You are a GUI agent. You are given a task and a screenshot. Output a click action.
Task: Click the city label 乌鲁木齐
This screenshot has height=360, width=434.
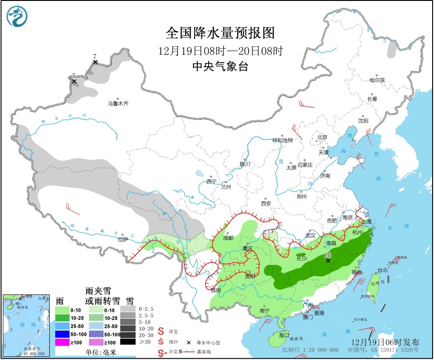[x=118, y=104]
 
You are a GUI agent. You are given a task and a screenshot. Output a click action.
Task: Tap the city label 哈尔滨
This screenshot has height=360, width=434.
[x=377, y=80]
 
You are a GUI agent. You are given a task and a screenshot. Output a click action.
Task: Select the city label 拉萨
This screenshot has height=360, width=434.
[x=122, y=240]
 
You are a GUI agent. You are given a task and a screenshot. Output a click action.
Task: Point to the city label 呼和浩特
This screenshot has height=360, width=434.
[x=282, y=140]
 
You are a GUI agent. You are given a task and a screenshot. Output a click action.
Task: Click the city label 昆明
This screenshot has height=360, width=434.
[x=216, y=290]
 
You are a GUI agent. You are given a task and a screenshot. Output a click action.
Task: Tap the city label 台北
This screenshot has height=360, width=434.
[x=383, y=270]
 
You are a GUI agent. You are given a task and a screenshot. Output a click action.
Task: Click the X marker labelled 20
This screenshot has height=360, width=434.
[x=328, y=261]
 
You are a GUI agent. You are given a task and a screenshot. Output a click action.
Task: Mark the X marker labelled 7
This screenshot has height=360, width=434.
[x=95, y=62]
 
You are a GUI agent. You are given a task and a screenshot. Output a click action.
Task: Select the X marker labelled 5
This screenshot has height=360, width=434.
[x=74, y=81]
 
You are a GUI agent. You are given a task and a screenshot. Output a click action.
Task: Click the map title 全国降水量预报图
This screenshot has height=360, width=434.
[x=220, y=33]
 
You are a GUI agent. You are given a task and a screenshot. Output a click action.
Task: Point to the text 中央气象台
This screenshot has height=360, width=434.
[x=220, y=66]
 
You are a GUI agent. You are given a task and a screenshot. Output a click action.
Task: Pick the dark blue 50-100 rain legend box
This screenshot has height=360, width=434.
[x=63, y=334]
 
